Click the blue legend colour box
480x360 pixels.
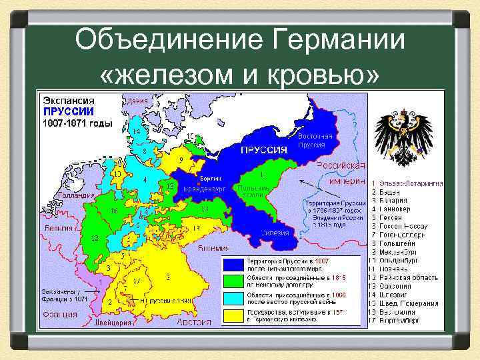click(234, 264)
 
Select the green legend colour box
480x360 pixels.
click(234, 279)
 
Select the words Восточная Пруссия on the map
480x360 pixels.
click(311, 141)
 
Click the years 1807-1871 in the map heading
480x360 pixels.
click(74, 124)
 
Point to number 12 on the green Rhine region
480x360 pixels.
click(95, 239)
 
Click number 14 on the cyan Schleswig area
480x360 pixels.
click(137, 131)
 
